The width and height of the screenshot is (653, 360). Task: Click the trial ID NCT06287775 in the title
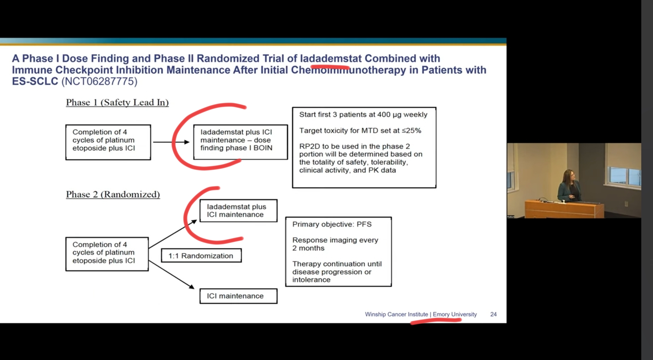click(99, 81)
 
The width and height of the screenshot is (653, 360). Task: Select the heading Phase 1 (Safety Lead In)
click(117, 102)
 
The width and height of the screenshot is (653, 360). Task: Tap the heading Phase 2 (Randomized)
click(113, 195)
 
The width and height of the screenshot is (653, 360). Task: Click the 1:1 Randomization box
click(201, 256)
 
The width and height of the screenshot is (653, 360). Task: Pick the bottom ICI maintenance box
click(238, 296)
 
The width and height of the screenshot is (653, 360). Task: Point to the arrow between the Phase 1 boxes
click(171, 142)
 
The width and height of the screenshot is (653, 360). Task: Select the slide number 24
click(494, 314)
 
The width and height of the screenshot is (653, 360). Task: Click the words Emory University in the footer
click(455, 314)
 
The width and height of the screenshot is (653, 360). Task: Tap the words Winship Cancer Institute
click(396, 314)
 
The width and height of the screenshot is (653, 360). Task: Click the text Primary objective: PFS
click(332, 224)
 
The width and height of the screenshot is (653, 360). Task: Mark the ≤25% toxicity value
click(411, 131)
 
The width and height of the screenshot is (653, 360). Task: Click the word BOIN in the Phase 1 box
click(263, 148)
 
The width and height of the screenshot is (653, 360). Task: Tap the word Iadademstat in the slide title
click(331, 58)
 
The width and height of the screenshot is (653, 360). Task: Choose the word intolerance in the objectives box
click(311, 280)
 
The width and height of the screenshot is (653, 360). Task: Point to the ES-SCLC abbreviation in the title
click(35, 81)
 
